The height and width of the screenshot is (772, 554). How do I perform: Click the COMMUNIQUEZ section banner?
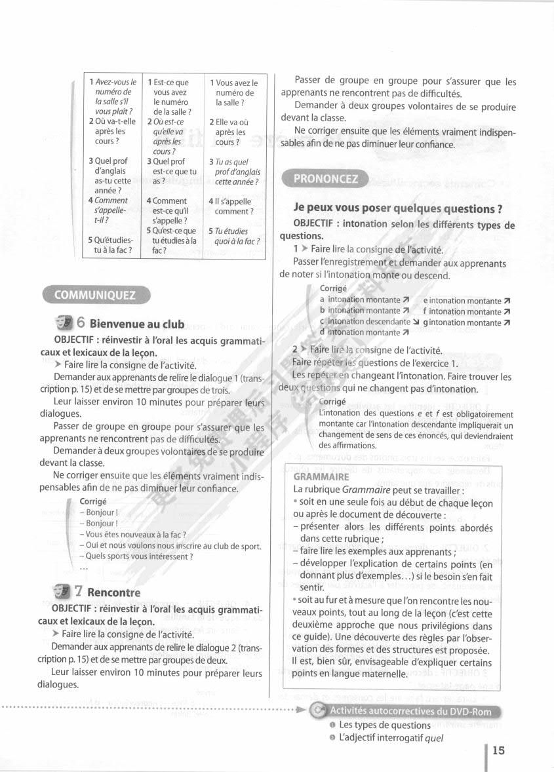95,295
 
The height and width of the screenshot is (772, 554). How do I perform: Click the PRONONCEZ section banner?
325,178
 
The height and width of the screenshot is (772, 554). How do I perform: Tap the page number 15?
498,750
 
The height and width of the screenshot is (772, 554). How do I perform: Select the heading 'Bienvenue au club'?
136,324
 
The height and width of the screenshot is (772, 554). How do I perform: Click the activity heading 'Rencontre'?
113,592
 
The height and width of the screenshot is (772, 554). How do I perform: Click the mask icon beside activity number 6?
64,322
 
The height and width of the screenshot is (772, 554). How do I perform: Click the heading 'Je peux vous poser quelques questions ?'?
398,208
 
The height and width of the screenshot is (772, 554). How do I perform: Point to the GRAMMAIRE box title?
321,477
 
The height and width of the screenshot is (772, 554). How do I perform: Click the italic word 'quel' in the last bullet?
434,738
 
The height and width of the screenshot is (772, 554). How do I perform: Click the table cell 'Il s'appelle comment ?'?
233,206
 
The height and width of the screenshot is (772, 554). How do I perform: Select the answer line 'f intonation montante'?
466,311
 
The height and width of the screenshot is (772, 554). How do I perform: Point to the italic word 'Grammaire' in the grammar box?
366,490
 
